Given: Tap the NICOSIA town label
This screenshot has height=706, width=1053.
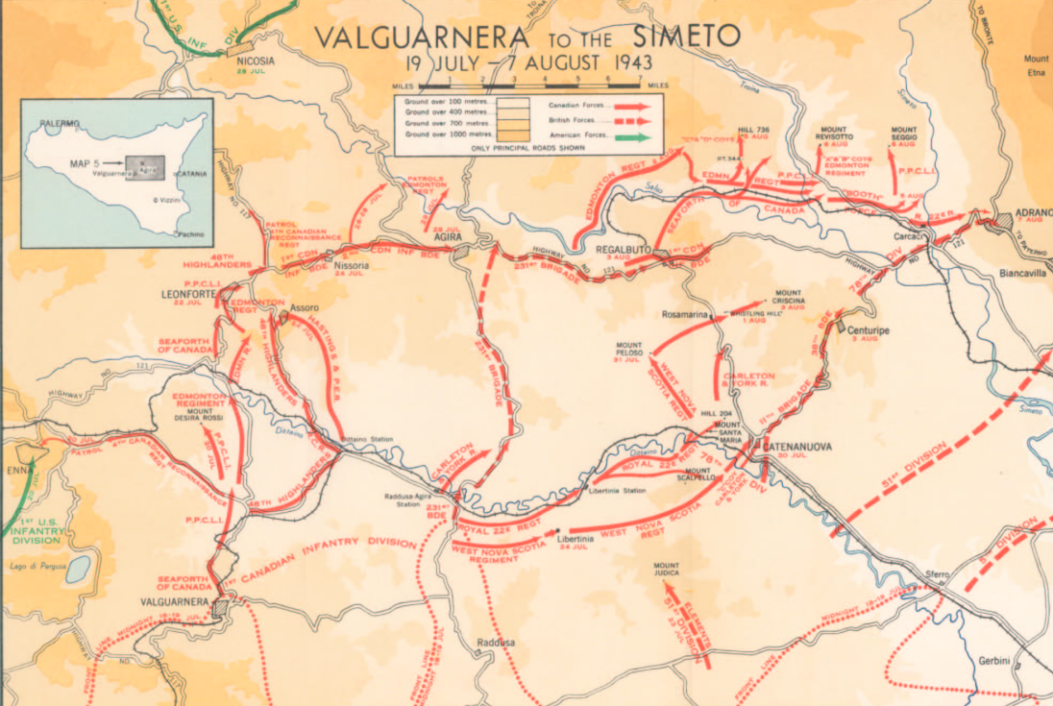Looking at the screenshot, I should click(256, 61).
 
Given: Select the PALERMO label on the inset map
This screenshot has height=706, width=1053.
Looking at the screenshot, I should click(61, 124).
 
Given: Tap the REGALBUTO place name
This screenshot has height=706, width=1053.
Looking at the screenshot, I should click(624, 250).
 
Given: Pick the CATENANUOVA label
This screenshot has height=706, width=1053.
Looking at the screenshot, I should click(796, 447).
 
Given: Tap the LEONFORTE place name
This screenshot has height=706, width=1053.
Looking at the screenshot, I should click(187, 294).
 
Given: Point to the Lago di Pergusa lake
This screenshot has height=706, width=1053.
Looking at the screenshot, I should click(78, 568).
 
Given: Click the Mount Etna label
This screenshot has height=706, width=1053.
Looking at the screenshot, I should click(1036, 65).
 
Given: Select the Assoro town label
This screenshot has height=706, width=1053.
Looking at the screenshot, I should click(304, 307).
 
